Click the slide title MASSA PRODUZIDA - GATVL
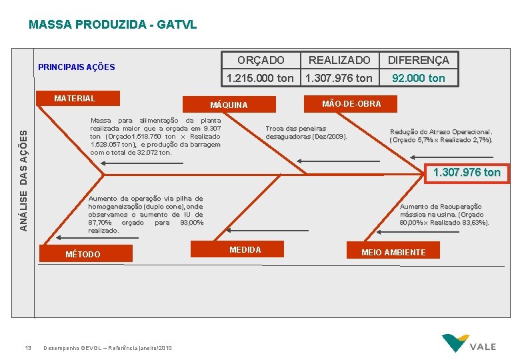tap(113, 25)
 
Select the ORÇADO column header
tap(261, 60)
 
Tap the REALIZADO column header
tap(339, 60)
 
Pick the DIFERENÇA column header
tap(418, 60)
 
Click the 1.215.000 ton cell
tap(260, 78)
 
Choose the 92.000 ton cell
tap(418, 78)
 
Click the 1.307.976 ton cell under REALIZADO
tap(339, 78)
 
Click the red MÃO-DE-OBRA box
tap(351, 103)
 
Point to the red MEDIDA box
tap(245, 249)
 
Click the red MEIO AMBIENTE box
tap(393, 251)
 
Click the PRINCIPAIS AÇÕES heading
tap(77, 67)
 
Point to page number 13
tap(28, 347)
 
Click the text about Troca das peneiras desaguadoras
tap(306, 132)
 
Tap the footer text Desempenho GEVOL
tap(107, 348)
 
